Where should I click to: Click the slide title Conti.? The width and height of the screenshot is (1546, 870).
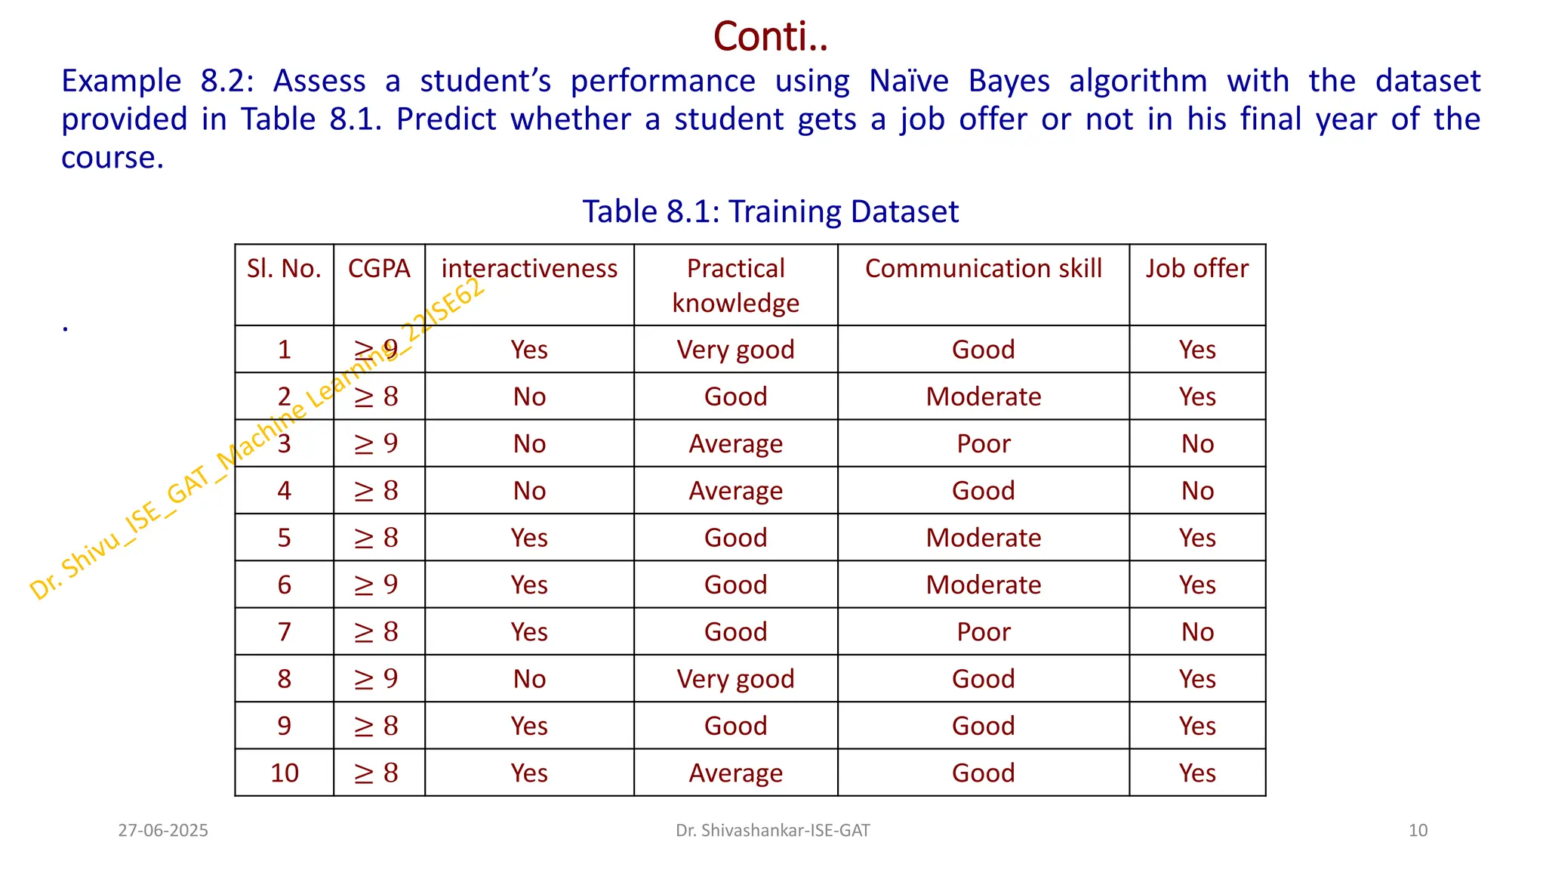770,36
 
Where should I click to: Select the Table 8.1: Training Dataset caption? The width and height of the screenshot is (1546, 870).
770,211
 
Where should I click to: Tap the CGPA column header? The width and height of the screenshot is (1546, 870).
379,269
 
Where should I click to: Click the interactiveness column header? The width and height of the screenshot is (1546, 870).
529,269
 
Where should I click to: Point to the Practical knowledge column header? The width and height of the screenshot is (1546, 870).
735,285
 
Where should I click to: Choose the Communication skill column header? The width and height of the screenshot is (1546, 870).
983,269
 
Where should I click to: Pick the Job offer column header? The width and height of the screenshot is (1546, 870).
1196,269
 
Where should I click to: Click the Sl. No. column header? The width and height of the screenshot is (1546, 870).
284,269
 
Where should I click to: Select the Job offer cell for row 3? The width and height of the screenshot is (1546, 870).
1196,443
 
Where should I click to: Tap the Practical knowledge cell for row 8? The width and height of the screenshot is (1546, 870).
735,679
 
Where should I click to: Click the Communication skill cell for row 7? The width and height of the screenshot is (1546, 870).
983,632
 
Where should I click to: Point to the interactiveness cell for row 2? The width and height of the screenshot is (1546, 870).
529,396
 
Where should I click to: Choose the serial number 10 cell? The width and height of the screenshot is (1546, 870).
285,773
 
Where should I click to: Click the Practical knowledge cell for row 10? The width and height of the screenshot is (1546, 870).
735,773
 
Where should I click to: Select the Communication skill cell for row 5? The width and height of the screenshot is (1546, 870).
983,538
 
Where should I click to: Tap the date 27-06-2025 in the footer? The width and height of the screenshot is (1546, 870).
163,831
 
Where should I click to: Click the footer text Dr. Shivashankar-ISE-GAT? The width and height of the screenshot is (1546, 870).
772,831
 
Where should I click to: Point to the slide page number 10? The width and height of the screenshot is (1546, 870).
1418,831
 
